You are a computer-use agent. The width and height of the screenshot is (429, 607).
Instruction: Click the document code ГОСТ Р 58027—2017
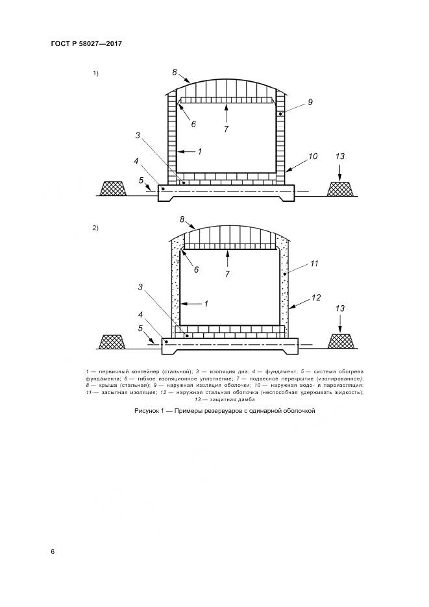click(x=86, y=43)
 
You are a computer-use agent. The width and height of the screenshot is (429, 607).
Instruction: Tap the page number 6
click(x=53, y=552)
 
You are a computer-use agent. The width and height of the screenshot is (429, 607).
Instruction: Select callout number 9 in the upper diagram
click(x=310, y=102)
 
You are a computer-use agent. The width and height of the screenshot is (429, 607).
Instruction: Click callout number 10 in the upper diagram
click(x=313, y=156)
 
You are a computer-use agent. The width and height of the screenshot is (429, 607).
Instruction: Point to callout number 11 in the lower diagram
click(x=314, y=264)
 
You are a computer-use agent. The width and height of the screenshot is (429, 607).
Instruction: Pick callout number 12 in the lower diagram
click(x=317, y=298)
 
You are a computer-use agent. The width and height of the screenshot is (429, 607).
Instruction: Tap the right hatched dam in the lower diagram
click(x=341, y=341)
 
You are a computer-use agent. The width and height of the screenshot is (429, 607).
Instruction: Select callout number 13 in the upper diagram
click(x=340, y=156)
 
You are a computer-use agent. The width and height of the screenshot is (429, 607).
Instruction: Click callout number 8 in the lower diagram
click(x=182, y=219)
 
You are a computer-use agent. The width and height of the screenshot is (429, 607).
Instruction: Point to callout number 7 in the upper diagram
click(x=227, y=129)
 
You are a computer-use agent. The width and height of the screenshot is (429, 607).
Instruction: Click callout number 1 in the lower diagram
click(x=206, y=304)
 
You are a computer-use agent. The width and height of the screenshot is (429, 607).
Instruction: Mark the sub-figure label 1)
click(x=95, y=73)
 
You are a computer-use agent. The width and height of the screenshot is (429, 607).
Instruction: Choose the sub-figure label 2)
click(x=95, y=228)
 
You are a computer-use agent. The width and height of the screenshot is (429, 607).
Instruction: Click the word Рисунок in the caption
click(x=145, y=411)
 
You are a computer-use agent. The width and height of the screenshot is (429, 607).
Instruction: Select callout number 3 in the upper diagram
click(x=138, y=135)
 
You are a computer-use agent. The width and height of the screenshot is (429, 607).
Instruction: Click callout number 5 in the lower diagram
click(x=141, y=328)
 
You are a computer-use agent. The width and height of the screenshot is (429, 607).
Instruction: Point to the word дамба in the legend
click(x=247, y=399)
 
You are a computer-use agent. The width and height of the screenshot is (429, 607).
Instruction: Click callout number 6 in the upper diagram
click(x=193, y=124)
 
